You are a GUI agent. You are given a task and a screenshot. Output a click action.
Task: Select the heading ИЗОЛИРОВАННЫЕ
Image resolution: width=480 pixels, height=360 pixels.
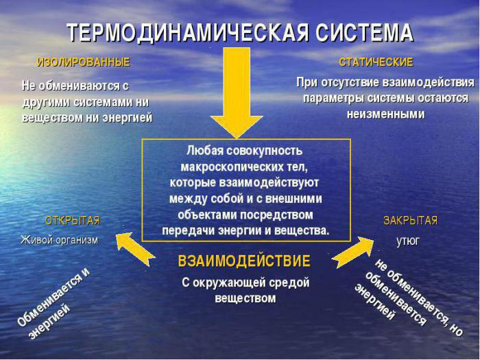click(83, 62)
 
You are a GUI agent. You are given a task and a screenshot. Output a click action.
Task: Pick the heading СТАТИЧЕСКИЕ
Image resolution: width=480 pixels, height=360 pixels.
click(376, 62)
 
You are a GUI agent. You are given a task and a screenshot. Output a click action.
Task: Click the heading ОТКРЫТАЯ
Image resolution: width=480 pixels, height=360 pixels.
click(72, 221)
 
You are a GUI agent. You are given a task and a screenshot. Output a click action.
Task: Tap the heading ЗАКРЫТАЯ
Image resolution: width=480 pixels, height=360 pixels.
click(410, 221)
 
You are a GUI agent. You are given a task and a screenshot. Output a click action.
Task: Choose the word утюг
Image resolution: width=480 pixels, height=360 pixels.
click(407, 241)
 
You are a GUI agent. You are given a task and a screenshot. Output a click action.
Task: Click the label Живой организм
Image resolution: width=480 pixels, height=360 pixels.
click(59, 240)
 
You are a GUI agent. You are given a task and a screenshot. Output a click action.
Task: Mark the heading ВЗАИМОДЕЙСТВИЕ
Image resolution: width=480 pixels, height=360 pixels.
click(244, 261)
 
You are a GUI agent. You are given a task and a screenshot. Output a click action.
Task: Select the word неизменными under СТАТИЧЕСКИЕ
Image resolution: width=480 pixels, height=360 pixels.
click(385, 115)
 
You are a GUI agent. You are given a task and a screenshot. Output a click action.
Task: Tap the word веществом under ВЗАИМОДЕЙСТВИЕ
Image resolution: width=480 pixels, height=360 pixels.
click(245, 298)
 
